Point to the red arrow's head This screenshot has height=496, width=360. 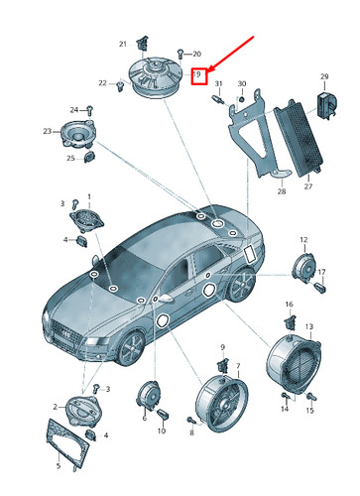coord(210,69)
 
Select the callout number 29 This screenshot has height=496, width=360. coord(324,76)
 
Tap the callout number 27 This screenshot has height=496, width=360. coord(308,186)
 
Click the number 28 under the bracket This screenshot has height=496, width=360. coord(282,191)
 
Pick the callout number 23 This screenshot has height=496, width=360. coord(48,131)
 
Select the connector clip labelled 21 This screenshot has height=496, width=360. coord(143,43)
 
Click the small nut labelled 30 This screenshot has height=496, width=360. coord(242,99)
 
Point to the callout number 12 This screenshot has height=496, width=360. coord(303,240)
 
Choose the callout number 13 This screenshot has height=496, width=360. coord(309,326)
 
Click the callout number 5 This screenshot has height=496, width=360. coord(59,466)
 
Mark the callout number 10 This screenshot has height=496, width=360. coord(162,431)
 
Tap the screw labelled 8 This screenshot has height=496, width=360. coord(191,420)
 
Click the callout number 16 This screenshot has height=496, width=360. coord(289,304)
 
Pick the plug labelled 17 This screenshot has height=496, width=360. coord(320,287)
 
